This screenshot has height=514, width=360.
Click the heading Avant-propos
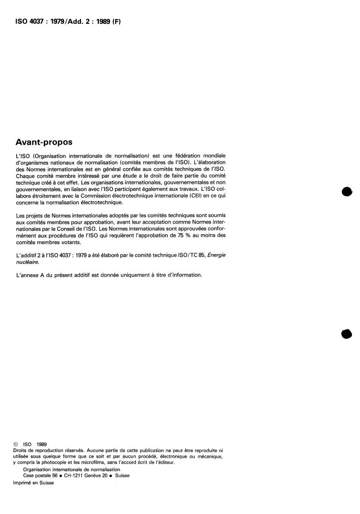[x=44, y=142]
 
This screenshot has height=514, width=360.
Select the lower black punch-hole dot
[x=347, y=334]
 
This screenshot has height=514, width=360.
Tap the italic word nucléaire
[x=27, y=261]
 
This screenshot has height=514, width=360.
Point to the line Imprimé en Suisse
[x=34, y=482]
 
